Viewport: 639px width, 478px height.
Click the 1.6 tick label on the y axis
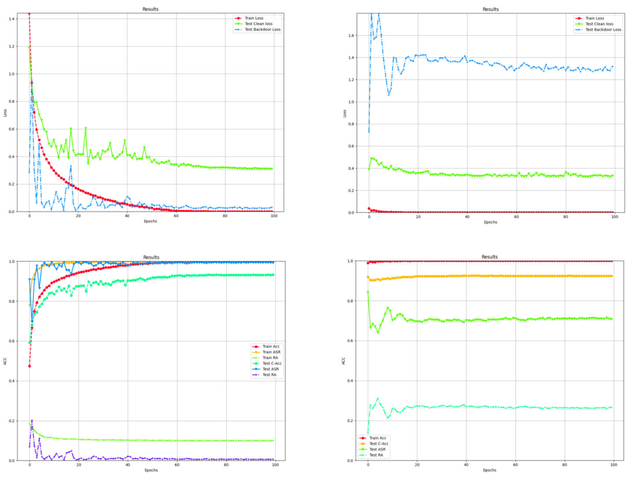(351, 35)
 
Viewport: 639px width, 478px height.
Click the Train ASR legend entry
(271, 352)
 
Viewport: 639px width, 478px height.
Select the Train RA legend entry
(270, 358)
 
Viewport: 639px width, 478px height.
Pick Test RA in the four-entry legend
(376, 455)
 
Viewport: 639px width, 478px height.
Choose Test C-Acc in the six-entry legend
(272, 364)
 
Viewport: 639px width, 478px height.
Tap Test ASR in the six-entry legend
(270, 369)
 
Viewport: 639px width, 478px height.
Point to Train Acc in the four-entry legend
(378, 438)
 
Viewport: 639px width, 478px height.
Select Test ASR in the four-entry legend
(377, 449)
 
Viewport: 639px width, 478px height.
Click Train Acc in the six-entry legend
(271, 346)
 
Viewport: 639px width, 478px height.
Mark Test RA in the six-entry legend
(269, 375)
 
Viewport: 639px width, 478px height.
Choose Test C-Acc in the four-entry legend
(378, 444)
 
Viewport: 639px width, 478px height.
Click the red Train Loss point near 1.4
(29, 14)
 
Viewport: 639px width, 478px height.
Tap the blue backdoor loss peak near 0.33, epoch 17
(71, 166)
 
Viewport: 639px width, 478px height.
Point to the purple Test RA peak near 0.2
(32, 421)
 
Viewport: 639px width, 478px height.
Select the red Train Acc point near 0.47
(30, 366)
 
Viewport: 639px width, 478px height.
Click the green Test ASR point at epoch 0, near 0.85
(368, 292)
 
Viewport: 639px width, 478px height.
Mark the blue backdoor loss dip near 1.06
(389, 95)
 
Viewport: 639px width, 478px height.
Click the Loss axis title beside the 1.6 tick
(344, 113)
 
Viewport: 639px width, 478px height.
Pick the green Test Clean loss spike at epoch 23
(86, 128)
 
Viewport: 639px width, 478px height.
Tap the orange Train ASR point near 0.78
(30, 305)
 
